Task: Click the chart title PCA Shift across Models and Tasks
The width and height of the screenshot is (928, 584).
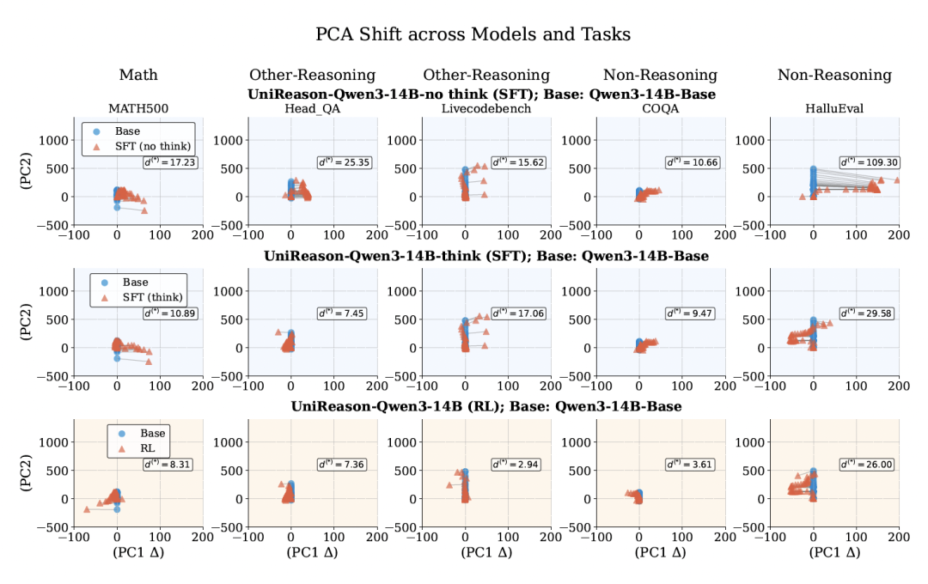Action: click(473, 34)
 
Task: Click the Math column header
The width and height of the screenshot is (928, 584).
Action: click(138, 75)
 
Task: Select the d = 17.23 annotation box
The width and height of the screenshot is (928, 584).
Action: click(171, 162)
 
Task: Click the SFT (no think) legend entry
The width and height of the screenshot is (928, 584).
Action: click(153, 146)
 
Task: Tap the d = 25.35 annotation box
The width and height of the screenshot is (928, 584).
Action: click(346, 162)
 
